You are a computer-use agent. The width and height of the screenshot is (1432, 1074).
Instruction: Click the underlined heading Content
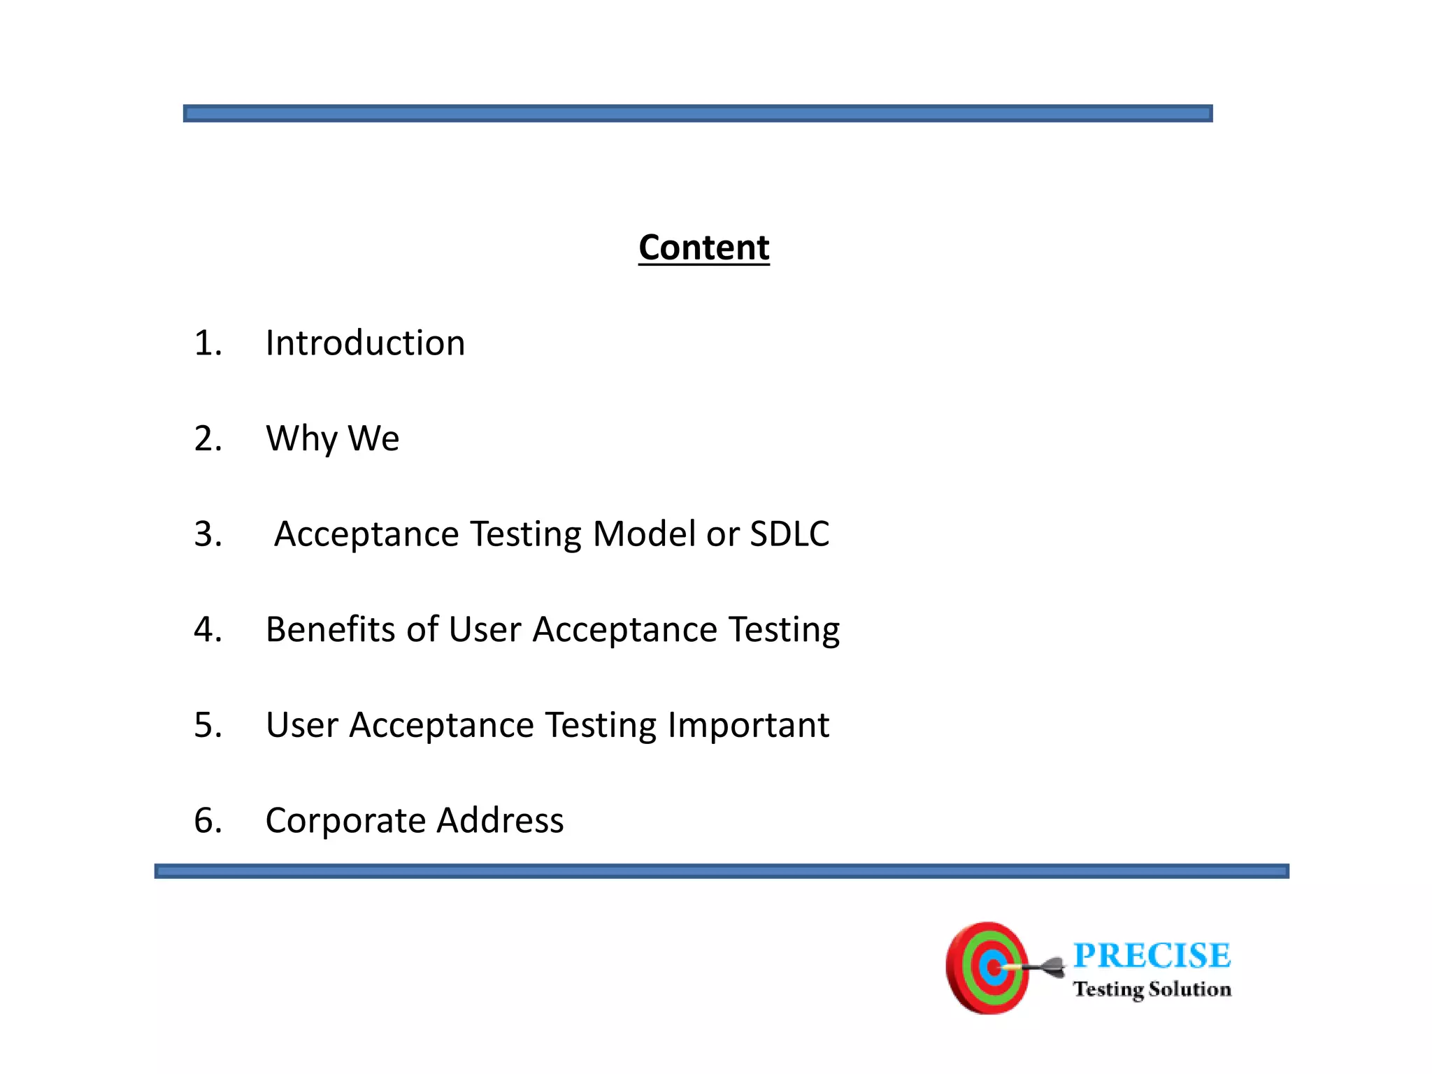click(703, 248)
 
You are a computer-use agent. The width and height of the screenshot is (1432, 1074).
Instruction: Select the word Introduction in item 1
click(365, 343)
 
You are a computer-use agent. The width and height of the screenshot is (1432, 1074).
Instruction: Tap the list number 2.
click(207, 439)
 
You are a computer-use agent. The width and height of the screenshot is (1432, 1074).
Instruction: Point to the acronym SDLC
click(789, 534)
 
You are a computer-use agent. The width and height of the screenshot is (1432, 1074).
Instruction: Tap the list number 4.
click(207, 629)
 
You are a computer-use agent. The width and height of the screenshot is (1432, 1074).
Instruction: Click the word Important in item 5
click(748, 725)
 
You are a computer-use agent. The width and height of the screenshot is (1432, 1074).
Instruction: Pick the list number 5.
click(207, 725)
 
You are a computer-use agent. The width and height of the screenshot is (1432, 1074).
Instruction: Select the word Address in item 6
click(500, 820)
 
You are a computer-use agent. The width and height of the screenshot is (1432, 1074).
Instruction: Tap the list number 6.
click(207, 820)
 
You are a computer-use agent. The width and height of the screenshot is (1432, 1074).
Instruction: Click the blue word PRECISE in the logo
click(1152, 956)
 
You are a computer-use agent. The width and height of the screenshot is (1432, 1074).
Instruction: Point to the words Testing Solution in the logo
click(1152, 989)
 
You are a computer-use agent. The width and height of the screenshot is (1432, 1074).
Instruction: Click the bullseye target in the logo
click(987, 968)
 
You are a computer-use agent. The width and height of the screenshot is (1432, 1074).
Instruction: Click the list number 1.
click(207, 343)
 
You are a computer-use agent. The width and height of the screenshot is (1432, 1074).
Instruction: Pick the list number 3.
click(207, 534)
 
